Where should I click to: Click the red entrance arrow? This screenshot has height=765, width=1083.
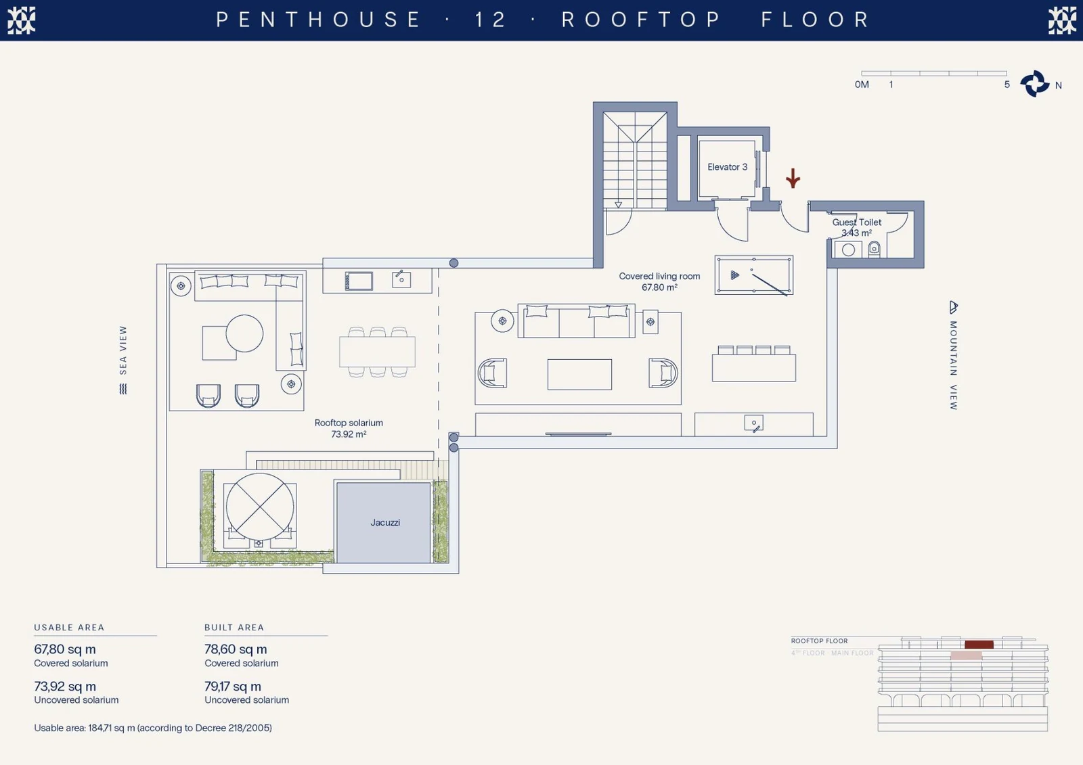[793, 178]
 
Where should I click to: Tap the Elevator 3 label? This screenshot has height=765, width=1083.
[727, 166]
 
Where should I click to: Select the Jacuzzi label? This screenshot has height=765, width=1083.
[385, 522]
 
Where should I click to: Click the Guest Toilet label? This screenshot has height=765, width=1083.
[857, 223]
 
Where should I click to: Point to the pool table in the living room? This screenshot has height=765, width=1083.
[754, 275]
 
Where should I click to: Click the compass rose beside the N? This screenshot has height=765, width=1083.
[1035, 84]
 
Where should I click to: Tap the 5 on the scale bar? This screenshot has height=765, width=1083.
[1007, 85]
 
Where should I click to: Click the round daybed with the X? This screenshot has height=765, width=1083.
[260, 507]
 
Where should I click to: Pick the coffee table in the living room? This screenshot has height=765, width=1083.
[579, 374]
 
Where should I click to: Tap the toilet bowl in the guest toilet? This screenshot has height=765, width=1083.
[874, 250]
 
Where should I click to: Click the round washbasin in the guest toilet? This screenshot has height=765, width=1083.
[848, 250]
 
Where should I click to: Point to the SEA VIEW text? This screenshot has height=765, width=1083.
[123, 350]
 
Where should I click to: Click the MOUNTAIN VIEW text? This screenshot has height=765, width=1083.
[954, 365]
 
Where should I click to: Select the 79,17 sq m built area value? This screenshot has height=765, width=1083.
[233, 687]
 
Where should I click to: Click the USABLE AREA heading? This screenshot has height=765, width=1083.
[69, 627]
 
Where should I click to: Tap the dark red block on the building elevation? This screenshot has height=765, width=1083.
[979, 645]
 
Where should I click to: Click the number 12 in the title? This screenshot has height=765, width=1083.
[490, 20]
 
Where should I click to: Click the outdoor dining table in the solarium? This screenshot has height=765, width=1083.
[377, 352]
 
